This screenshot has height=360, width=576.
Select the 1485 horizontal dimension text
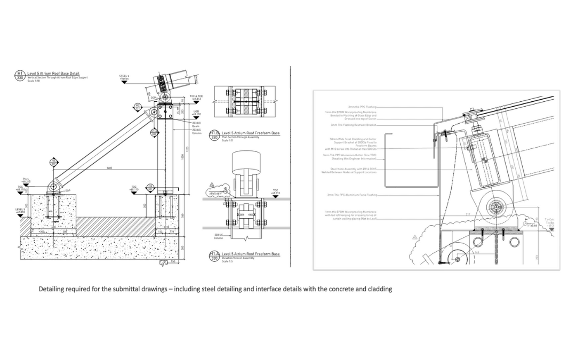pyautogui.click(x=109, y=169)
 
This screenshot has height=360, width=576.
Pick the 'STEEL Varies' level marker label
pyautogui.click(x=124, y=77)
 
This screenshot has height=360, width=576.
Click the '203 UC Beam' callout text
pyautogui.click(x=196, y=124)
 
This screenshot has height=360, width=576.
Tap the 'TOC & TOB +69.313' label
pyautogui.click(x=196, y=98)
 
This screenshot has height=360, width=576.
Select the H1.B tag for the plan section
pyautogui.click(x=214, y=135)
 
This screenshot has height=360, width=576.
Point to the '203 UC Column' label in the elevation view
pyautogui.click(x=218, y=236)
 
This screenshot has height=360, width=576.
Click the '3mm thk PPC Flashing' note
pyautogui.click(x=362, y=107)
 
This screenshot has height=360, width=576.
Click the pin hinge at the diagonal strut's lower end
pyautogui.click(x=52, y=186)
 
